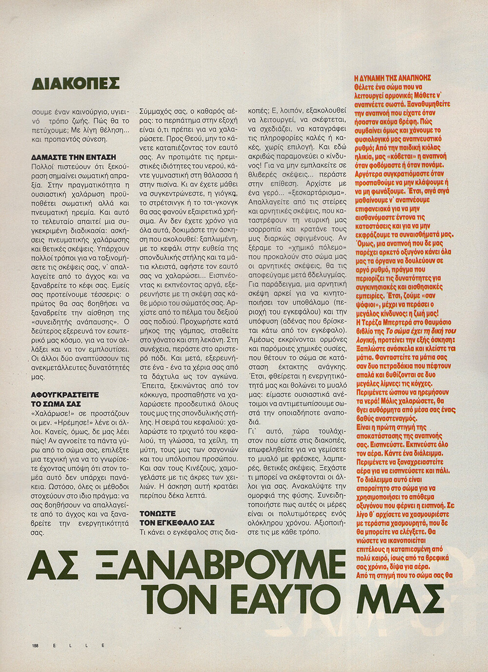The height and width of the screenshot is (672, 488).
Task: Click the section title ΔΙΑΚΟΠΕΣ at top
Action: [x=75, y=83]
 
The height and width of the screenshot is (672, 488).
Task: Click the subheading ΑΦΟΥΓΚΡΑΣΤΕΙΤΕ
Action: [x=65, y=395]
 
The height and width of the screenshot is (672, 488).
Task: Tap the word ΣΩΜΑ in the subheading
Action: [x=55, y=404]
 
